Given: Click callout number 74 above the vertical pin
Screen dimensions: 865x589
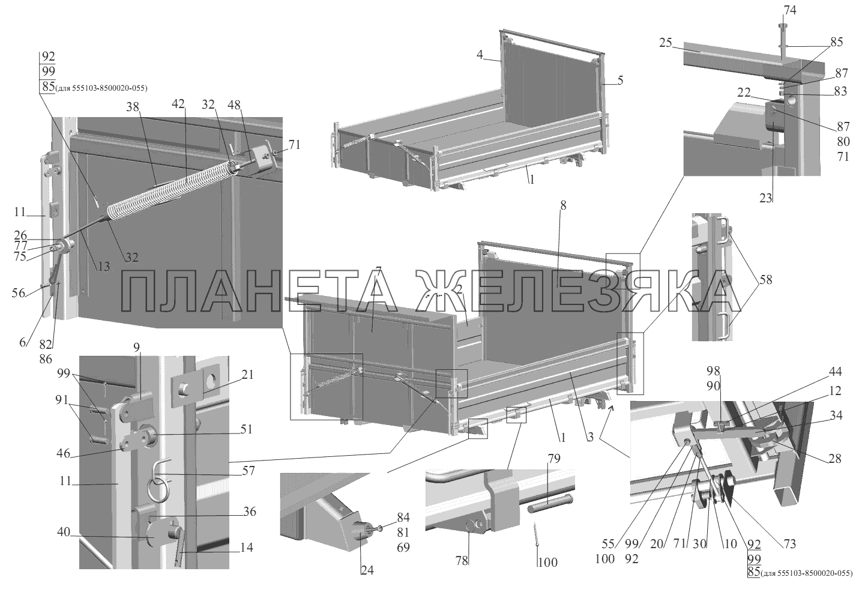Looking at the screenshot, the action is pyautogui.click(x=790, y=10).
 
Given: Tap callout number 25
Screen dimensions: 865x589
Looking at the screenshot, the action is pyautogui.click(x=666, y=43).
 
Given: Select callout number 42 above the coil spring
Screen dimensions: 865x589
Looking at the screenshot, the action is pyautogui.click(x=178, y=104).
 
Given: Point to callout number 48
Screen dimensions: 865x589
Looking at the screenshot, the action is pyautogui.click(x=234, y=104).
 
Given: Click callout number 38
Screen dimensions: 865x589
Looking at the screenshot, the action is pyautogui.click(x=133, y=107).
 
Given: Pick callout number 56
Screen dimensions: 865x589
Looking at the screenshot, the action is pyautogui.click(x=18, y=293).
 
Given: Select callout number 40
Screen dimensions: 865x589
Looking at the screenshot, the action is pyautogui.click(x=64, y=532).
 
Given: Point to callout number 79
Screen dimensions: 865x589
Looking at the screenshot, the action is pyautogui.click(x=553, y=459).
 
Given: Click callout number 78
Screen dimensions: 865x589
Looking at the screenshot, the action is pyautogui.click(x=462, y=561).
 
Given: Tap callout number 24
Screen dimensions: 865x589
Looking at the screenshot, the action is pyautogui.click(x=367, y=570).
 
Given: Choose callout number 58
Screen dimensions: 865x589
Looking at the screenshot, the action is pyautogui.click(x=765, y=280).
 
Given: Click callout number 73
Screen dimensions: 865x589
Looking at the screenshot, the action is pyautogui.click(x=789, y=544).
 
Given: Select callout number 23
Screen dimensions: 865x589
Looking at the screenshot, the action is pyautogui.click(x=765, y=198).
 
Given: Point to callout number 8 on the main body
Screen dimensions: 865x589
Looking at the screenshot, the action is pyautogui.click(x=564, y=205).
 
